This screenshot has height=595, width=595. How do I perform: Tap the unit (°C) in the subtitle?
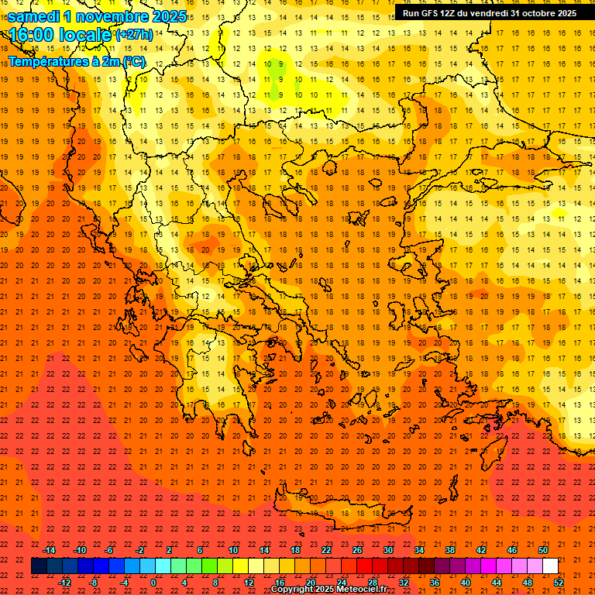[133, 61]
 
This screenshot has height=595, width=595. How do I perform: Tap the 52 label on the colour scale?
[559, 583]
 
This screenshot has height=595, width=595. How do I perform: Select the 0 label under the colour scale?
[153, 583]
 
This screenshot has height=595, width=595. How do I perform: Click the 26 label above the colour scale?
[357, 550]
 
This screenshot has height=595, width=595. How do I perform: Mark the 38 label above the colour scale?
[450, 550]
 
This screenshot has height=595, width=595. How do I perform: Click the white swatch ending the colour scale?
[551, 566]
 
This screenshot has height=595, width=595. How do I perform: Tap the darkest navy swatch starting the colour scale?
[39, 566]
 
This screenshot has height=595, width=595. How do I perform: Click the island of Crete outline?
[333, 507]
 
